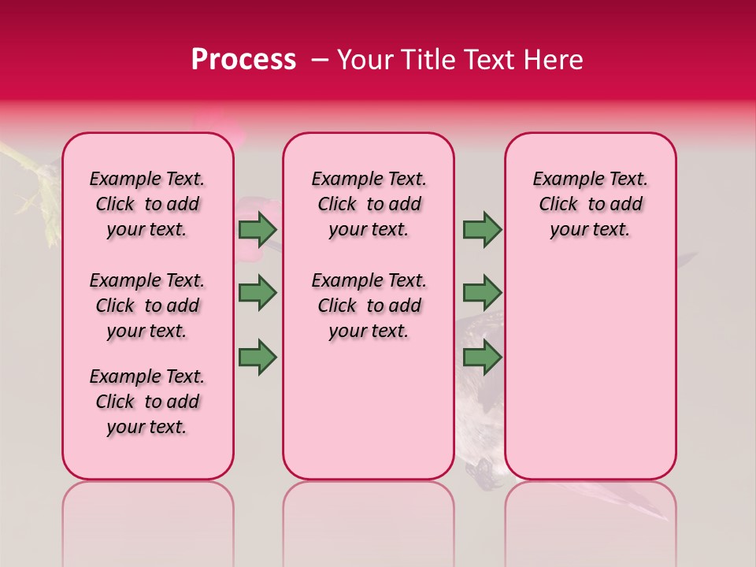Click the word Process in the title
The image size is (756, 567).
[243, 60]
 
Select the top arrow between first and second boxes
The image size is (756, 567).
[258, 229]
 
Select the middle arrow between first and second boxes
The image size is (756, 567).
[258, 293]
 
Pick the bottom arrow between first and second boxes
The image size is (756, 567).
[258, 357]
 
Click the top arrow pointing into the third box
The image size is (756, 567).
[482, 229]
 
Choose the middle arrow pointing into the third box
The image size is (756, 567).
[482, 293]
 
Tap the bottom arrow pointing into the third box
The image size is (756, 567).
[482, 357]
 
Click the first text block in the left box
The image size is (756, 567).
[147, 204]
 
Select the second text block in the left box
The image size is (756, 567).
[147, 306]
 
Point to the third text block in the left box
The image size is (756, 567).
[147, 402]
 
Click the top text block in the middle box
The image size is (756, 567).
[369, 204]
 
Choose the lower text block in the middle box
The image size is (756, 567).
[369, 306]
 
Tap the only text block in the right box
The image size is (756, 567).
[590, 204]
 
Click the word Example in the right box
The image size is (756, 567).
[561, 180]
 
